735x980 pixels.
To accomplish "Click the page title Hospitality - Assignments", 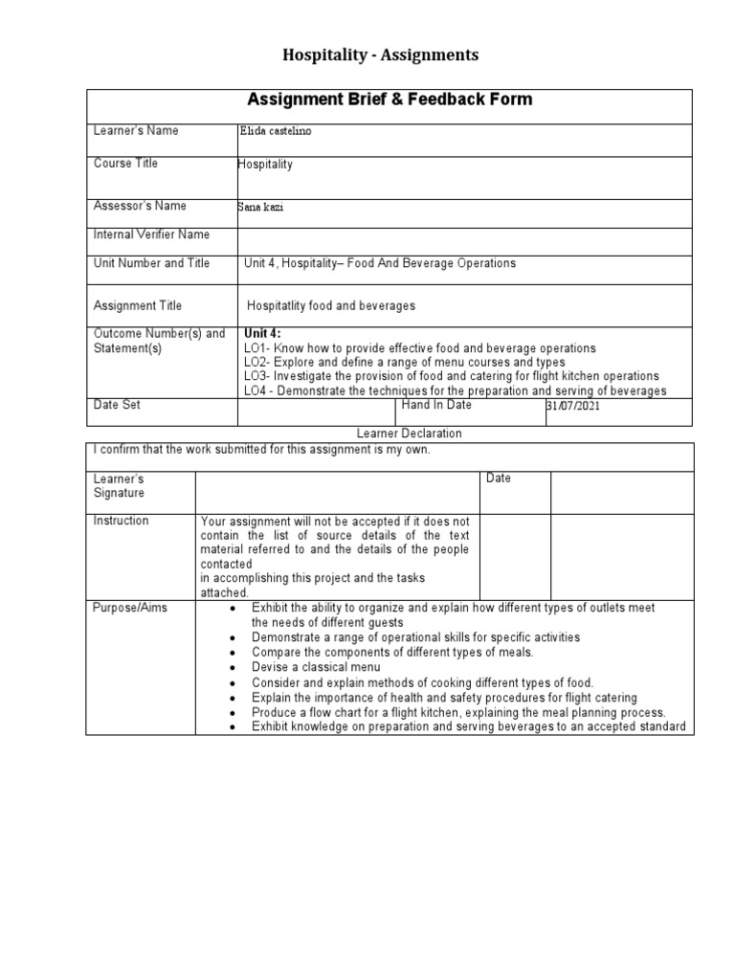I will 380,56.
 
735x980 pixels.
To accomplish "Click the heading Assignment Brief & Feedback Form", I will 390,100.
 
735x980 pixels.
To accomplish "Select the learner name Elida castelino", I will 275,132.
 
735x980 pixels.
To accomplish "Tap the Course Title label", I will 125,164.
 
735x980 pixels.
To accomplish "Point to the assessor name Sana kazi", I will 261,207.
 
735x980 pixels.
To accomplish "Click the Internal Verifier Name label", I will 151,234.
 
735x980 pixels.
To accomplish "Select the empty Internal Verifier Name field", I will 463,241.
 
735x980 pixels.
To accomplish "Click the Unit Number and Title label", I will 151,263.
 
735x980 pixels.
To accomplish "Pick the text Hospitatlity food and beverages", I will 331,306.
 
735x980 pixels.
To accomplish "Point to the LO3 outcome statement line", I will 451,377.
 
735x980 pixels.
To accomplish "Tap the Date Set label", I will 117,406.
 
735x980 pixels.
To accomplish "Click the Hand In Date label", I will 436,406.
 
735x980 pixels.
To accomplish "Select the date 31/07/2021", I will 574,407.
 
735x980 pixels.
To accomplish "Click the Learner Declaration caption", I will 409,434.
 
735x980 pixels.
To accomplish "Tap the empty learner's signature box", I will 338,492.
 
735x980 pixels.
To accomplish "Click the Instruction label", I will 121,521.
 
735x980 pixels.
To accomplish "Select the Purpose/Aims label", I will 129,609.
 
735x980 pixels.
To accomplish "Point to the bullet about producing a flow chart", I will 458,713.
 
